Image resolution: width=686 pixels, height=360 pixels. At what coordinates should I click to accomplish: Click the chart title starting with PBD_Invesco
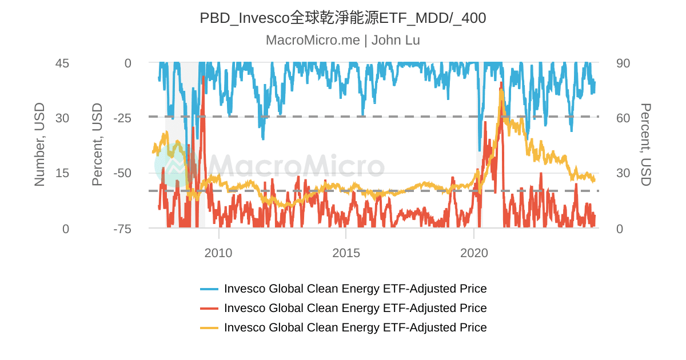[342, 18]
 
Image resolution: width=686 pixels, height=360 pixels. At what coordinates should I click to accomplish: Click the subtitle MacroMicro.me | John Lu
[342, 40]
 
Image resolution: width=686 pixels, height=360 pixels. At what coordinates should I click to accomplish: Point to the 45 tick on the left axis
[62, 63]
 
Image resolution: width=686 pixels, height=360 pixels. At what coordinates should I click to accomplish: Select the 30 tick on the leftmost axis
[62, 118]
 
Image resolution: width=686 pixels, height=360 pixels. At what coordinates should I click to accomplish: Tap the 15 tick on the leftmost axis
[62, 173]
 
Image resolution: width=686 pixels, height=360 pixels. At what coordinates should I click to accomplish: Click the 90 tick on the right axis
[623, 63]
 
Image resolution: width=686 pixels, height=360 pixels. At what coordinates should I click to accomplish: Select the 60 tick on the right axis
[623, 118]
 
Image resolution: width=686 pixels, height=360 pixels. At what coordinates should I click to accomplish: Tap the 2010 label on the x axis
[218, 253]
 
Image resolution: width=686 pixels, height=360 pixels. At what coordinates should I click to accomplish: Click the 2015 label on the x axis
[346, 253]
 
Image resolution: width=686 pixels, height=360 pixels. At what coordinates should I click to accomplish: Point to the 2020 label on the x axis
[474, 253]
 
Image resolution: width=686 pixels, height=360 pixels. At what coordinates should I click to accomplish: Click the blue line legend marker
[209, 289]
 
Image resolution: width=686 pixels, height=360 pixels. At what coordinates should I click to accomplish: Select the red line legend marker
[209, 309]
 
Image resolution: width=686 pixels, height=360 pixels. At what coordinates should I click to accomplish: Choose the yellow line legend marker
[209, 328]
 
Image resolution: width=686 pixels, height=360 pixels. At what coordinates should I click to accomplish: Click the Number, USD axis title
[39, 145]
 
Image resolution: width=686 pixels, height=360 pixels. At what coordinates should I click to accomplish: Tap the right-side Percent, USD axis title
[645, 145]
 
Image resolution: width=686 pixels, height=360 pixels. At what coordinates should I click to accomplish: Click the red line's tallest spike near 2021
[501, 84]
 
